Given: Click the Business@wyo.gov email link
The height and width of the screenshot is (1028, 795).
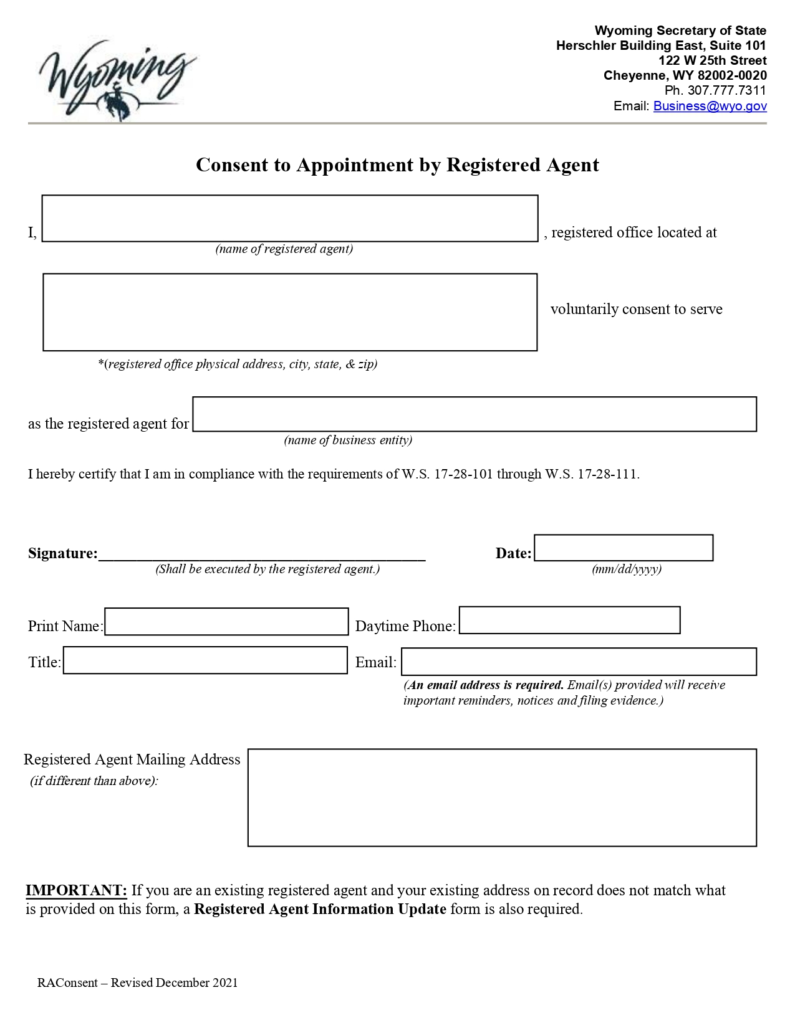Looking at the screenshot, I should click(x=710, y=106).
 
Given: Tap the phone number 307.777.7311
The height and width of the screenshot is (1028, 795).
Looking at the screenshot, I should click(x=726, y=90).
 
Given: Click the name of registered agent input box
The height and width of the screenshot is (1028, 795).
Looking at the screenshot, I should click(x=289, y=219).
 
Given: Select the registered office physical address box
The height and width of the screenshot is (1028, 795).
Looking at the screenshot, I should click(x=289, y=312).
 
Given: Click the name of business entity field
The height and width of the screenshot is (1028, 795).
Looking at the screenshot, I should click(x=474, y=414).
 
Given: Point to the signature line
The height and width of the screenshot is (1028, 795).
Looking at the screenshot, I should click(x=262, y=554).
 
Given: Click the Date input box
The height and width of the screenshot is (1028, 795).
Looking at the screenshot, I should click(x=623, y=548).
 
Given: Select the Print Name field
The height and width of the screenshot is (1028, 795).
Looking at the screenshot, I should click(x=226, y=622).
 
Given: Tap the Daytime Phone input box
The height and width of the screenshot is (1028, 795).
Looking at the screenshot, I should click(x=569, y=621).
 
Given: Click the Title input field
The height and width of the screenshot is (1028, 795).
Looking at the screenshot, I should click(x=205, y=660).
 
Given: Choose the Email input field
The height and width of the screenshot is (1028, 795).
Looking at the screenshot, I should click(x=579, y=662).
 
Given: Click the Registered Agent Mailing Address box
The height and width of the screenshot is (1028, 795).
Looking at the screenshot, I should click(x=502, y=797).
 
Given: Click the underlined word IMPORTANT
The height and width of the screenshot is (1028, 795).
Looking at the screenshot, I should click(x=76, y=890).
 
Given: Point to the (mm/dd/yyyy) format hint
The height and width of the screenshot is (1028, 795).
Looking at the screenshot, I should click(x=626, y=569).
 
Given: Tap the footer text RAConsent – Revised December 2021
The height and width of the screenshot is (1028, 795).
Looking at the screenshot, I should click(x=137, y=983).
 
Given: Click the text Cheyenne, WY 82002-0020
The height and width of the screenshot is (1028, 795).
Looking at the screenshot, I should click(x=685, y=75).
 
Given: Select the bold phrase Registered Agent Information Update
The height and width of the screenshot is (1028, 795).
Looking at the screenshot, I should click(x=320, y=909).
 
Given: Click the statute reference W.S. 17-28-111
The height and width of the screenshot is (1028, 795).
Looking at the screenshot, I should click(x=592, y=474).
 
